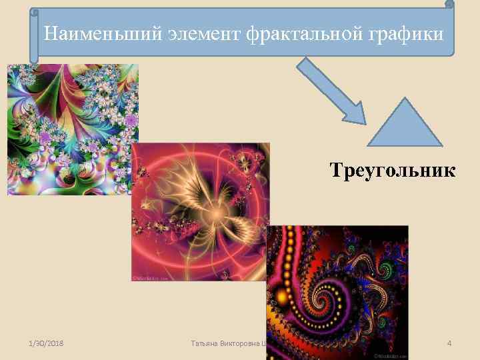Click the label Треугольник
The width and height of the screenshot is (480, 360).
[393, 171]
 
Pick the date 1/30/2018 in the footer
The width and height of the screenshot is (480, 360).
[48, 343]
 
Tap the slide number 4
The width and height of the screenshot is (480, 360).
[449, 343]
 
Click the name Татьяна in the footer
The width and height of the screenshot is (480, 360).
[205, 343]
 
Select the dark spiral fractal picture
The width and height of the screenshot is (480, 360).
[337, 287]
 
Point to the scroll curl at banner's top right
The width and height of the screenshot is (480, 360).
[449, 5]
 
